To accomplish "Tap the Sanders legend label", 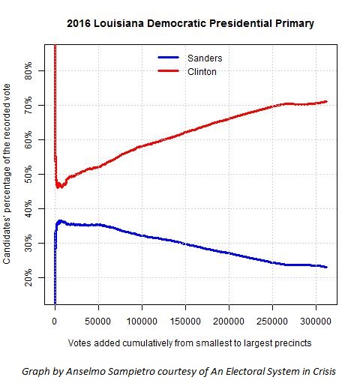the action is click(x=205, y=58).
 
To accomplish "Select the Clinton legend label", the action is click(x=202, y=72).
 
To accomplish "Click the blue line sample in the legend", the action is click(x=169, y=58).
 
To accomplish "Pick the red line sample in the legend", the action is click(x=169, y=71).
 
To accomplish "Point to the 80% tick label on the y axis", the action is click(x=28, y=71).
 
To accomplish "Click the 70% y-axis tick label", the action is click(x=28, y=105).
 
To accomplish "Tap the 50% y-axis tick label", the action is click(x=28, y=174).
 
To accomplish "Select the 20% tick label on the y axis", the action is click(x=28, y=277).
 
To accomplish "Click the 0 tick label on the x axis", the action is click(x=55, y=321).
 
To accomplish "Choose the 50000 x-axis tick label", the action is click(x=97, y=321).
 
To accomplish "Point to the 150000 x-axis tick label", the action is click(x=185, y=321).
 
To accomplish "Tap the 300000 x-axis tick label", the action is click(x=316, y=321).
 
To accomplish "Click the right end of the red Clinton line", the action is click(x=326, y=101).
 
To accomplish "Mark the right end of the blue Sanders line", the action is click(x=326, y=267).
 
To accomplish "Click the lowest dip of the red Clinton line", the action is click(x=58, y=187).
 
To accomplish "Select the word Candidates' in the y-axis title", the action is click(x=7, y=241).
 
